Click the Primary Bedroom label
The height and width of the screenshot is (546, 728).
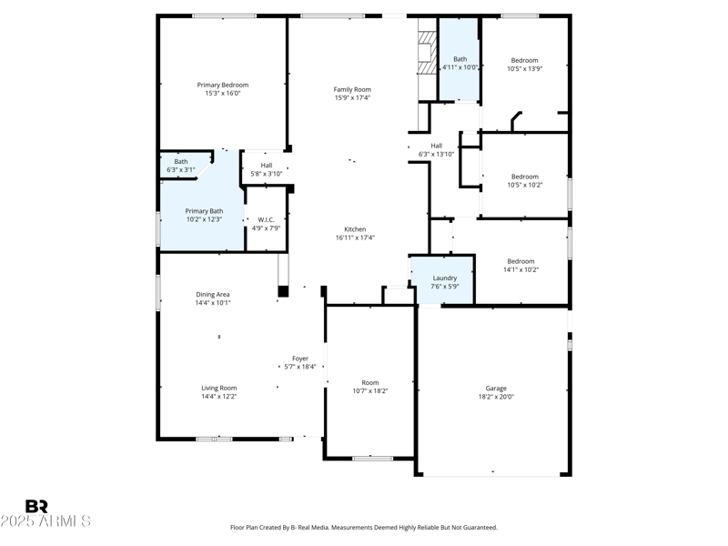(x=223, y=85)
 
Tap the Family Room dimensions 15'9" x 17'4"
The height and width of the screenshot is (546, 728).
(x=352, y=97)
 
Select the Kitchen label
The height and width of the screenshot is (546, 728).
(x=355, y=229)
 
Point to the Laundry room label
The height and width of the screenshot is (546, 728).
(x=445, y=278)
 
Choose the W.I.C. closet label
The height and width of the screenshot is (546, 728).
(x=267, y=219)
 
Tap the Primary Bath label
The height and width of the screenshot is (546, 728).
(x=204, y=211)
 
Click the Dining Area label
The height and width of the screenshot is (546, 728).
(x=213, y=294)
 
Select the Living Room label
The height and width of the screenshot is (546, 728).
(x=219, y=389)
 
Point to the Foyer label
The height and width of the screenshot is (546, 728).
(x=300, y=359)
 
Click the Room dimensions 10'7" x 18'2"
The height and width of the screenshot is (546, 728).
(x=370, y=390)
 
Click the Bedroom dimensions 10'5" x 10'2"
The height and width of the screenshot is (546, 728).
(x=524, y=185)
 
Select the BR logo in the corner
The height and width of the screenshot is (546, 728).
(x=36, y=506)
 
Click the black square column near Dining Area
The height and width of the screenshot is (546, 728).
(x=283, y=291)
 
